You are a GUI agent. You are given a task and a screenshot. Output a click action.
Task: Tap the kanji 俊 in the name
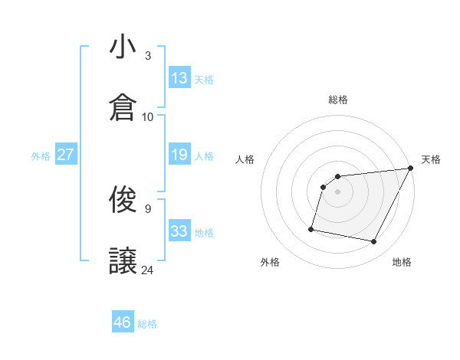click(x=123, y=201)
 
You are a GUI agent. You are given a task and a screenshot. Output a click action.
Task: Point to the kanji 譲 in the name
click(x=123, y=261)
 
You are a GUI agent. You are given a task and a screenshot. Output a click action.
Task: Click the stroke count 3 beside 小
click(x=147, y=56)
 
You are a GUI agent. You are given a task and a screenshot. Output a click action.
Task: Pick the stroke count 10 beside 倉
click(x=148, y=116)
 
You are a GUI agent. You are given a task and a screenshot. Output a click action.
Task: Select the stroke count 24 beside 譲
click(x=148, y=270)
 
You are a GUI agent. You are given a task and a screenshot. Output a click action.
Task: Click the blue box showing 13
click(x=179, y=78)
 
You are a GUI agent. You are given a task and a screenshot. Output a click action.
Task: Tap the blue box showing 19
click(x=179, y=155)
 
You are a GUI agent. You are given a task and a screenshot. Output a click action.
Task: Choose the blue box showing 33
click(x=179, y=231)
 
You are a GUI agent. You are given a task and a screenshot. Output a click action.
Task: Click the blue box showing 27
click(x=65, y=155)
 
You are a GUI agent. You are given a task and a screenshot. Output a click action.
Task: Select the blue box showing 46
click(x=122, y=322)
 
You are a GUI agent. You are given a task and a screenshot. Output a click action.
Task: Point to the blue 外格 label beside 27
click(x=41, y=156)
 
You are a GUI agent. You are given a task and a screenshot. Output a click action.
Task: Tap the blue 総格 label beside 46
click(x=147, y=324)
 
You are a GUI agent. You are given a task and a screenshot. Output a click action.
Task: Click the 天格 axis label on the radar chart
click(x=432, y=159)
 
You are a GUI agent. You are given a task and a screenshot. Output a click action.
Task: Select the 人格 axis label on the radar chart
click(x=245, y=159)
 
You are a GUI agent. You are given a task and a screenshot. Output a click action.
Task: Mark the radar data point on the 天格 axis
click(x=411, y=169)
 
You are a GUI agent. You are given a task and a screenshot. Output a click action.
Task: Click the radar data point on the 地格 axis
click(x=374, y=242)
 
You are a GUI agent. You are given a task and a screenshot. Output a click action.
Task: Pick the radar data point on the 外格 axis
click(x=311, y=228)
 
